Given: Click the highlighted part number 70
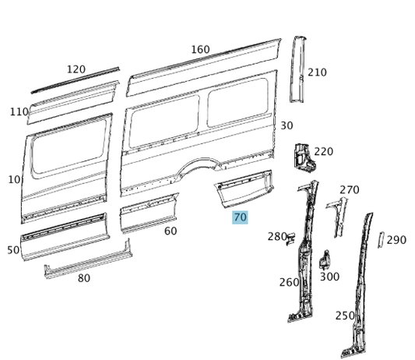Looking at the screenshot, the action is coord(240,217).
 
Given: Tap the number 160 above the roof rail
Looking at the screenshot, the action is coord(200,50).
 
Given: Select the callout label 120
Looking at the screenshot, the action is coord(76,69).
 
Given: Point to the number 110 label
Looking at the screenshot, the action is coord(19,111).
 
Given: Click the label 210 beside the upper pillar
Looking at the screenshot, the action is coord(317,72).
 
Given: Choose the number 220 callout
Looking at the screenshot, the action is coord(323,151).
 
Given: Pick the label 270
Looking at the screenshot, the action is coord(350,190).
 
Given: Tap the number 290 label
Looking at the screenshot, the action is coord(396,240).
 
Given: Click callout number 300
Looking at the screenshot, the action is coord(329,277).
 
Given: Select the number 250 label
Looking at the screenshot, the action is coord(345,316).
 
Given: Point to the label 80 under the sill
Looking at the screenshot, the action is coord(84,278).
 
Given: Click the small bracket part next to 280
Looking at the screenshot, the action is coord(290,238).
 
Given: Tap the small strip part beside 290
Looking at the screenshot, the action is coord(381,240).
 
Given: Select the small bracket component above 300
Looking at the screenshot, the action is coord(325,259).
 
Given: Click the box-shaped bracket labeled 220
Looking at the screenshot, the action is coord(304,158).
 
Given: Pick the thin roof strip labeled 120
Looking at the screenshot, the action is coord(76,79).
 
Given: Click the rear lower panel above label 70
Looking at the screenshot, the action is coord(244,188).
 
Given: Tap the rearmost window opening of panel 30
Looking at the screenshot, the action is coord(237,102).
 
